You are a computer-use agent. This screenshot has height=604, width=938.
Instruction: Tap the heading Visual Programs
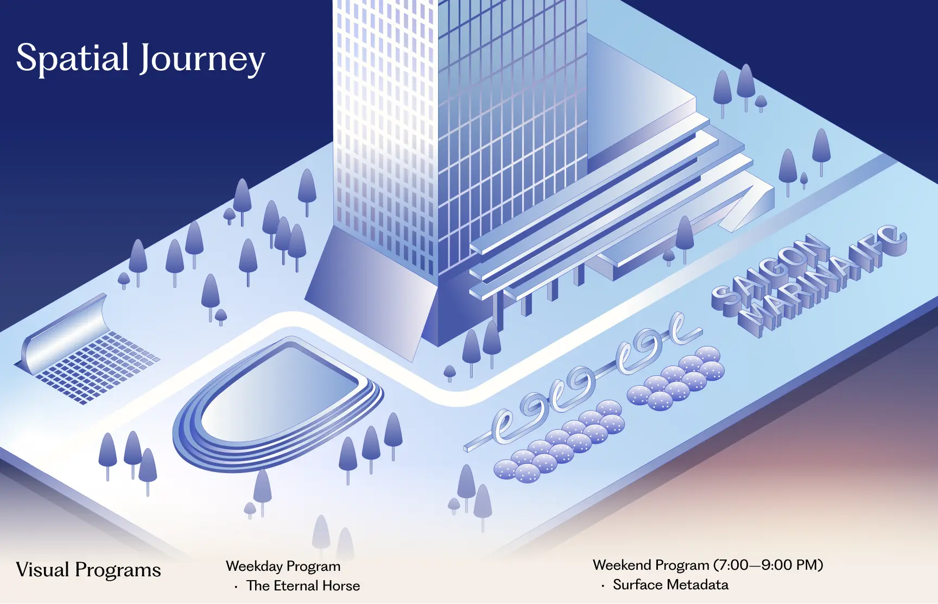(88, 570)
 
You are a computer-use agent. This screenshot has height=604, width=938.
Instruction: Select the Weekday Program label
(283, 567)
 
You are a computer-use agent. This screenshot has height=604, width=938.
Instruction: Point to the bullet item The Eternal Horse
(303, 586)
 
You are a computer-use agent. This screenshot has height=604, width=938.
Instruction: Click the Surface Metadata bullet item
(671, 584)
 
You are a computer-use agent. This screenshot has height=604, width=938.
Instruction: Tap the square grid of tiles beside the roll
(98, 367)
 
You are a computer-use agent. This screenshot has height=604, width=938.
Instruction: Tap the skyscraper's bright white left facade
(385, 125)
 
